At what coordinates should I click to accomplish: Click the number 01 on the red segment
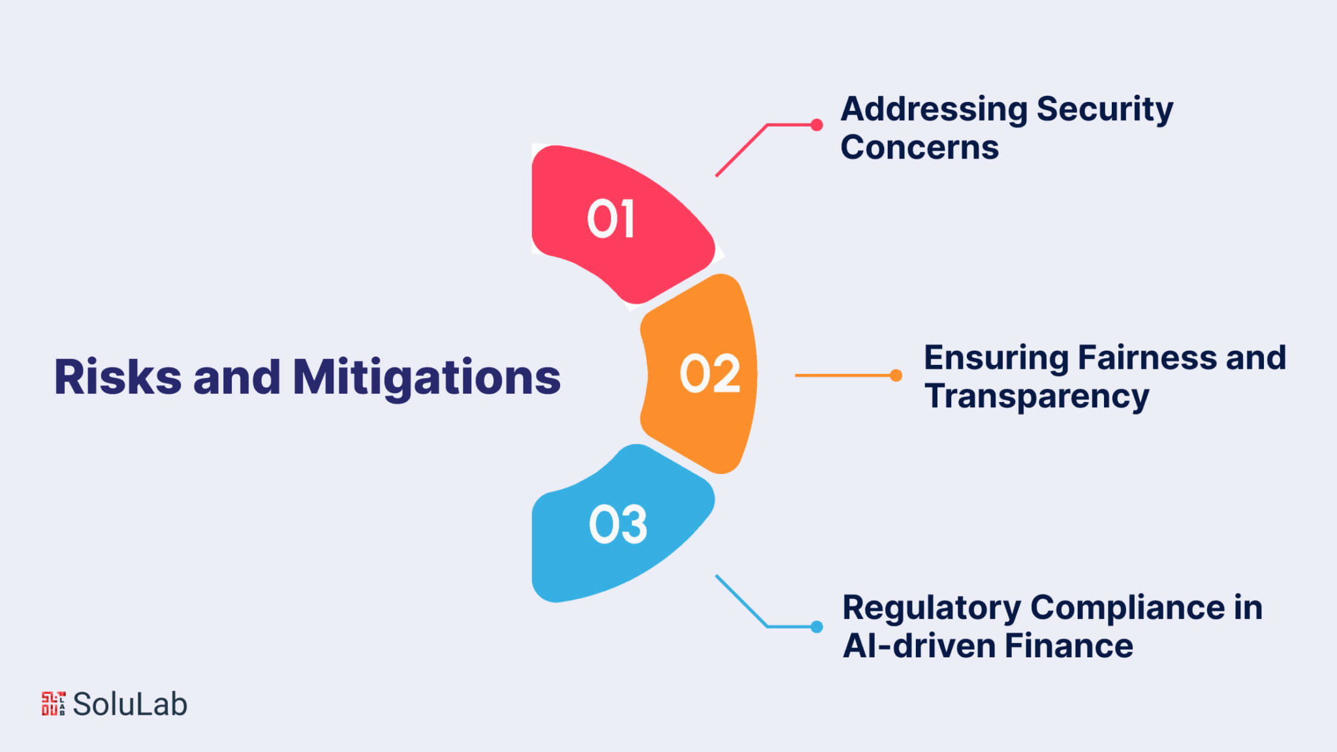611,219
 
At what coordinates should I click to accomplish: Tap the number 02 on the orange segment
710,374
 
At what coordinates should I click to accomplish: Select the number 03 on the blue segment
618,524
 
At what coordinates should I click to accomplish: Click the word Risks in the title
118,377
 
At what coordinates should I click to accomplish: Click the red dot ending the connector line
817,125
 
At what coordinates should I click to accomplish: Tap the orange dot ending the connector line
896,375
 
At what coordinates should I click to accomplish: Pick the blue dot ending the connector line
817,627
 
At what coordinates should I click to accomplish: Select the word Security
1105,110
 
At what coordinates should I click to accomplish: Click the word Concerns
919,148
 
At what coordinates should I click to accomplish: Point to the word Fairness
1147,358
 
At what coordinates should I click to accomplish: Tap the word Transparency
1037,397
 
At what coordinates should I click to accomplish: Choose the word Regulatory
932,608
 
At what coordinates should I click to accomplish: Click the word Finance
1069,646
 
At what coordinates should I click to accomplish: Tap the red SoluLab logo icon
54,704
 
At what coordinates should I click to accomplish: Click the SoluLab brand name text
130,704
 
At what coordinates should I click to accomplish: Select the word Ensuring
996,358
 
